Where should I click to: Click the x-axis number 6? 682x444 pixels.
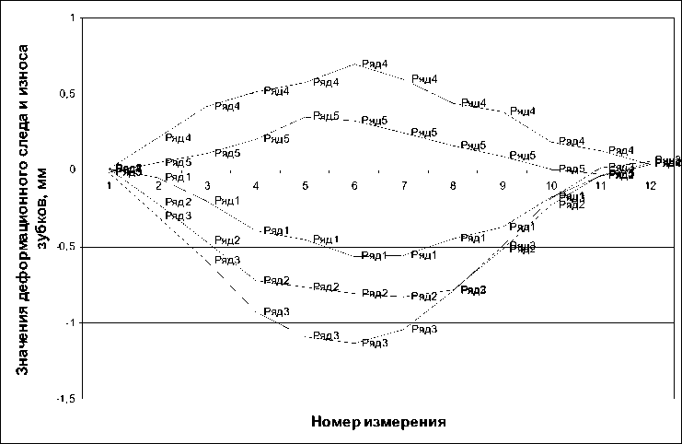coord(354,186)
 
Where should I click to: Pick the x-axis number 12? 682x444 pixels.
coord(650,186)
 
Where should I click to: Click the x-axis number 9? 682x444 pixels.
coord(502,186)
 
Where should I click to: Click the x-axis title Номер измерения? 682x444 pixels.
coord(379,422)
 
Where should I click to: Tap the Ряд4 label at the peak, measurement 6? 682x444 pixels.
coord(374,64)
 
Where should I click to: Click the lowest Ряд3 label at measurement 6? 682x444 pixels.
coord(375,343)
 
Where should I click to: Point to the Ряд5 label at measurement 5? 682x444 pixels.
coord(326,115)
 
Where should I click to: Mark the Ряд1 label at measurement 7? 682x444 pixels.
coord(423,254)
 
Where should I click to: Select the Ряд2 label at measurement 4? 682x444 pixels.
coord(276,280)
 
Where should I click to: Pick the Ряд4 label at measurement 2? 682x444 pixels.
coord(178,138)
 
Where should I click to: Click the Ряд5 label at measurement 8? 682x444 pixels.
coord(473,146)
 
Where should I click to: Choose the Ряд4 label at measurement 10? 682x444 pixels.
coord(572,141)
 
